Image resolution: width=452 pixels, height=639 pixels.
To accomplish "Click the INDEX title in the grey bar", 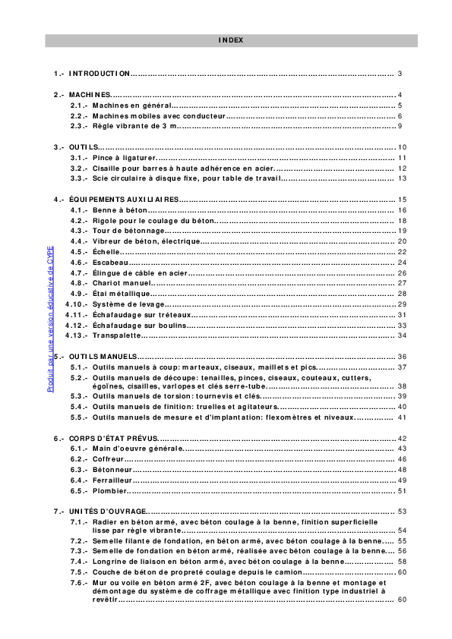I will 231,40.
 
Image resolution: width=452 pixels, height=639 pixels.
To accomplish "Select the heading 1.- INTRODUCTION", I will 100,74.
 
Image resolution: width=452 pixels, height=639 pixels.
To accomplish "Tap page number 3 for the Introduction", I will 399,74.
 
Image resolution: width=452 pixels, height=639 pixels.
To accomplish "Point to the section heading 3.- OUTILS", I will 83,146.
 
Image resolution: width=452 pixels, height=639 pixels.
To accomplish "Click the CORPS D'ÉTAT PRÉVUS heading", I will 113,438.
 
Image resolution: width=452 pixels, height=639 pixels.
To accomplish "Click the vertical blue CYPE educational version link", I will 50,319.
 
